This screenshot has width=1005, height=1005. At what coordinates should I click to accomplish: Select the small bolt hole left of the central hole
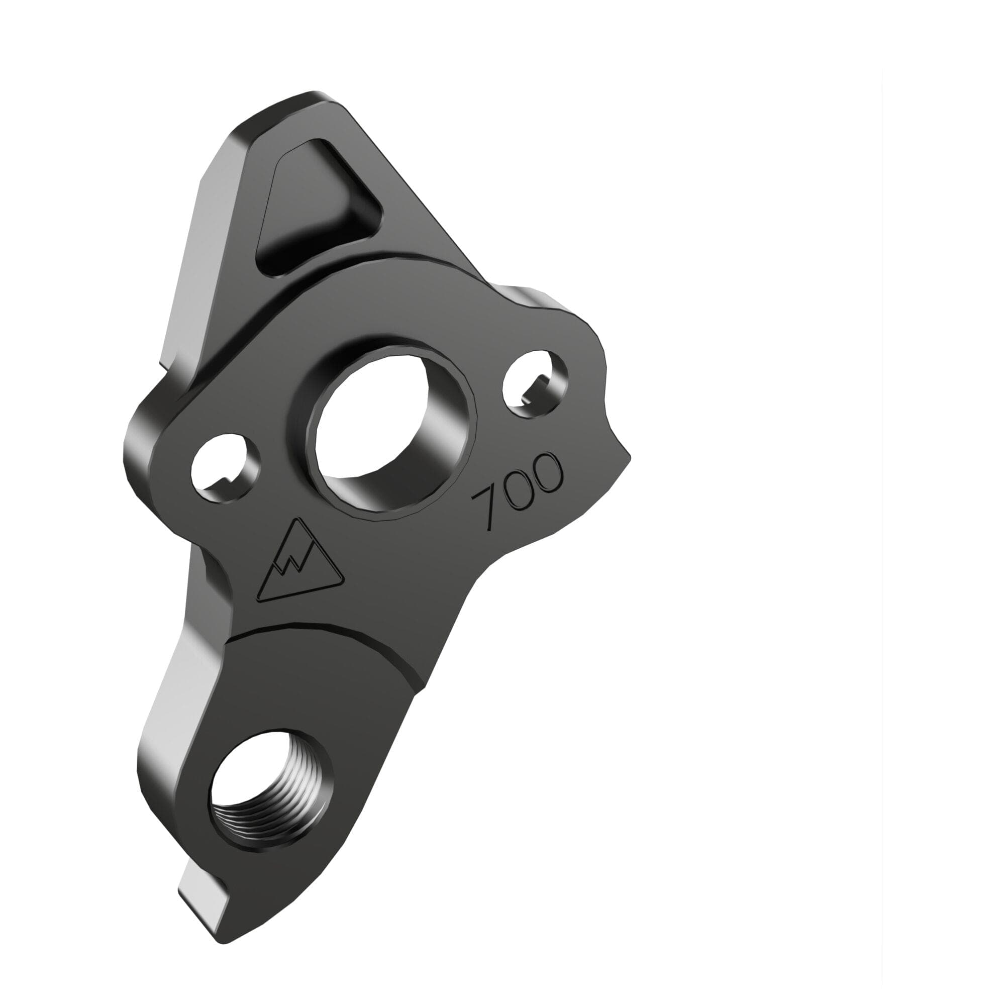[x=225, y=467]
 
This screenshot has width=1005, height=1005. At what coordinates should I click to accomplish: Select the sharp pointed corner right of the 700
[x=630, y=458]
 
